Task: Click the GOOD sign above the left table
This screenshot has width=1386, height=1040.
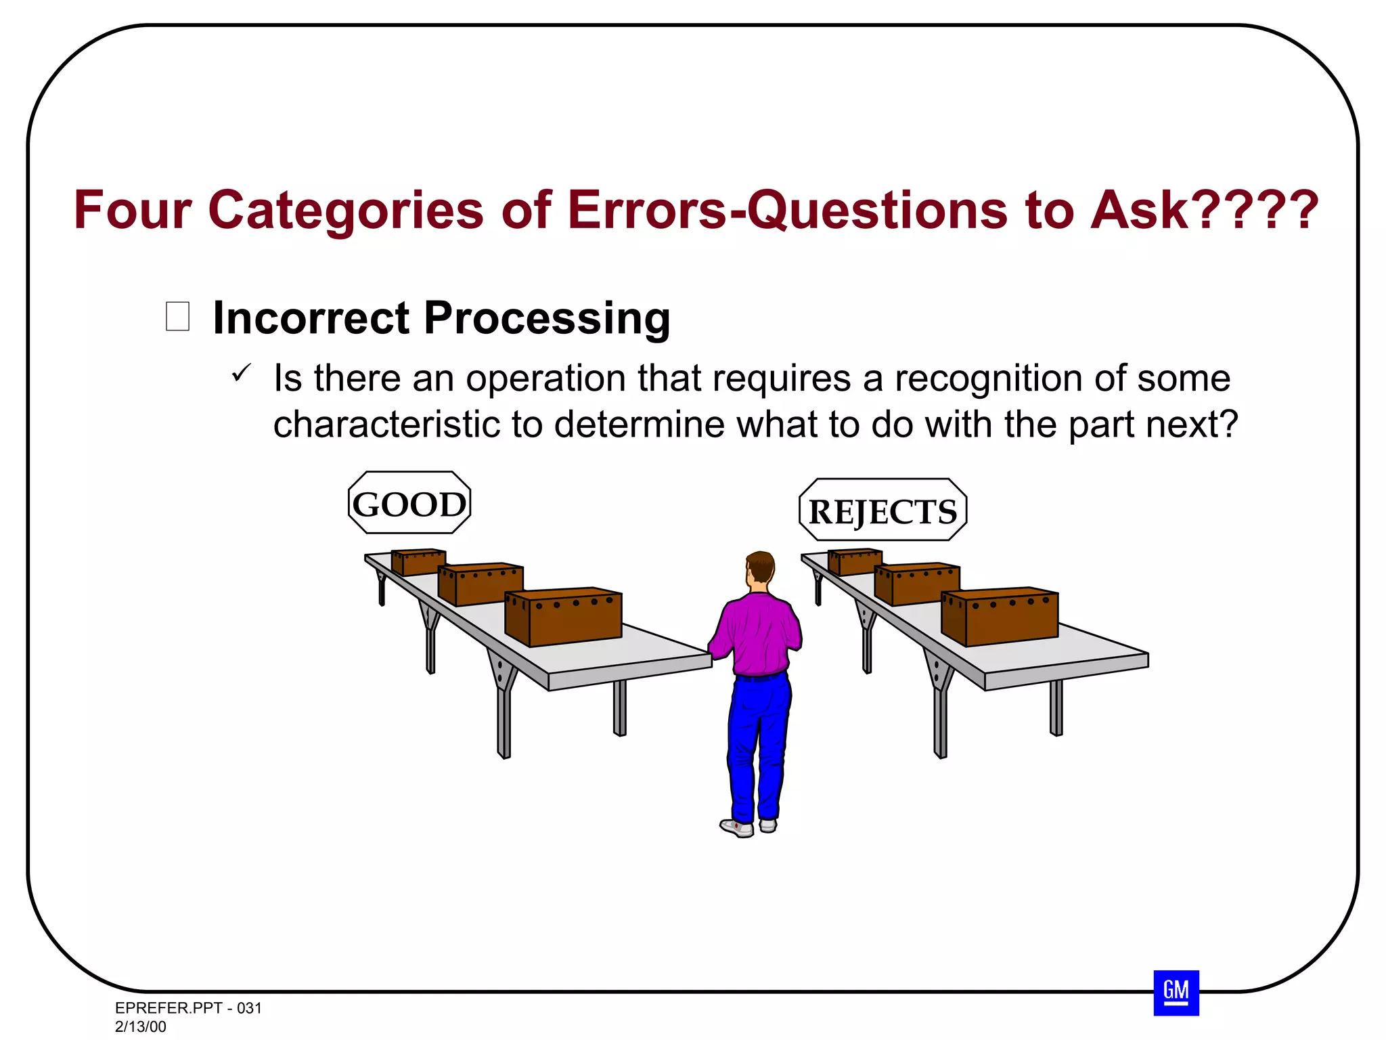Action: [409, 503]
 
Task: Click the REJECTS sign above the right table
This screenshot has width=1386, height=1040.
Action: [882, 511]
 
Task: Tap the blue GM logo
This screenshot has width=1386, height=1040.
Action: [1176, 993]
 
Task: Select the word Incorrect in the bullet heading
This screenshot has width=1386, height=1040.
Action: [311, 318]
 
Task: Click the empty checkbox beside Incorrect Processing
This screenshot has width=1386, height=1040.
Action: [177, 316]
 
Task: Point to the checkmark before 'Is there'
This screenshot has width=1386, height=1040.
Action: [241, 372]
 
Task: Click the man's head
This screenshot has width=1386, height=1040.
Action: [760, 567]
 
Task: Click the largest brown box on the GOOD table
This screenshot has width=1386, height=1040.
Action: [565, 617]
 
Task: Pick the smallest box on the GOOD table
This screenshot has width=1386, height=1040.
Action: [418, 561]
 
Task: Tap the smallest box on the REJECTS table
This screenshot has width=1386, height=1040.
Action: [855, 561]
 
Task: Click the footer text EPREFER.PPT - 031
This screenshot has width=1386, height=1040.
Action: [188, 1007]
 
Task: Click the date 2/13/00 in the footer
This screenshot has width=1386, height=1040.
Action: [140, 1026]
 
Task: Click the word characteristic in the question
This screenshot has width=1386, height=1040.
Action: [386, 425]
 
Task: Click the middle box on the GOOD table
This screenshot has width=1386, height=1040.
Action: [481, 583]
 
